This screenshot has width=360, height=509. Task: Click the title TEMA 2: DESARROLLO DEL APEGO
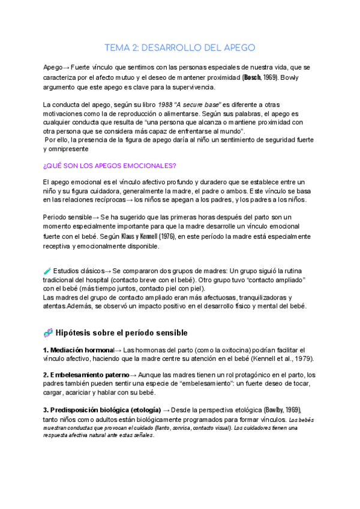point(180,47)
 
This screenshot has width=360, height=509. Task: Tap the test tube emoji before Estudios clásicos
point(47,271)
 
